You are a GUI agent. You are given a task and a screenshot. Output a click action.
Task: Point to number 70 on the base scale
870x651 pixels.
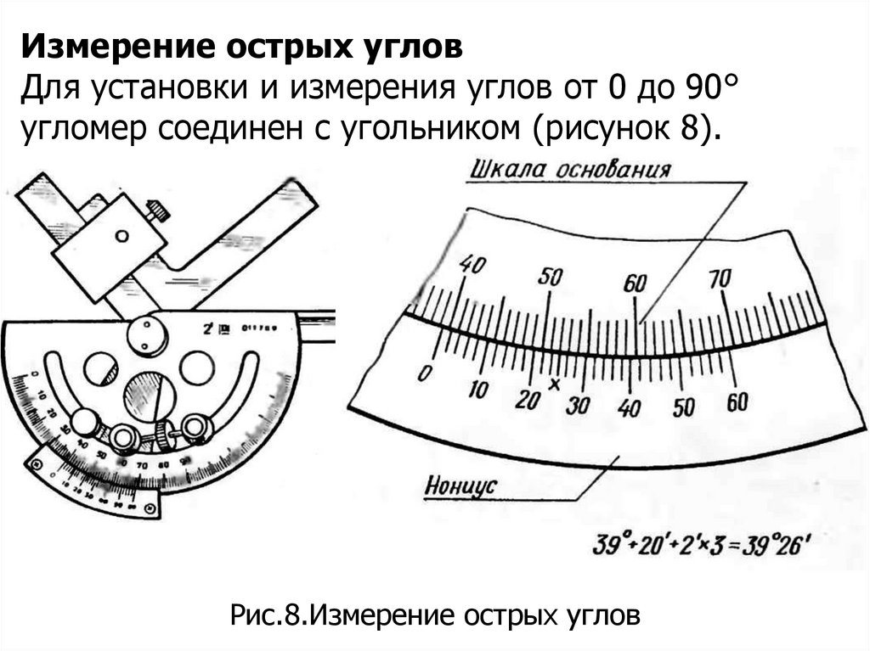click(720, 278)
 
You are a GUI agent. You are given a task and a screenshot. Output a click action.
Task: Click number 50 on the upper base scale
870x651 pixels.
click(551, 277)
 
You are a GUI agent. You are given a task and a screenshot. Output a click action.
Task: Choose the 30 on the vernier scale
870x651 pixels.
click(579, 405)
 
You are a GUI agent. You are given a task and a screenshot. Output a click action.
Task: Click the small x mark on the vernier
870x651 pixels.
click(554, 384)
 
